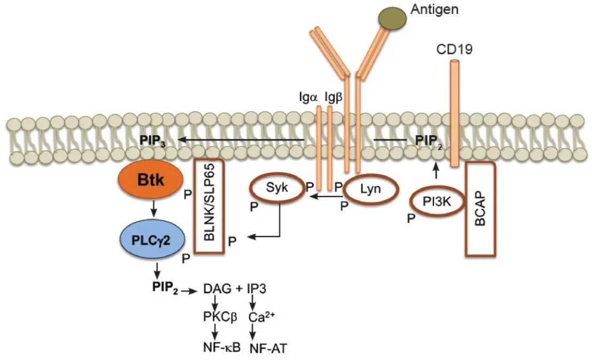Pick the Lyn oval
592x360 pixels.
[x=369, y=190]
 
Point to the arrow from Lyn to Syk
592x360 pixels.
[x=326, y=197]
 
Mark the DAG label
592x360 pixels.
[x=216, y=289]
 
